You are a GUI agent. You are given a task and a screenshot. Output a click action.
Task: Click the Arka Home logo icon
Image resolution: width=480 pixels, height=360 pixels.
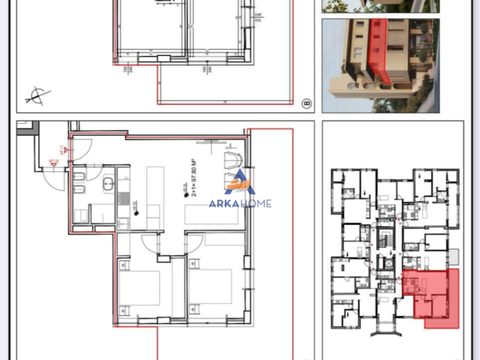click(x=239, y=183)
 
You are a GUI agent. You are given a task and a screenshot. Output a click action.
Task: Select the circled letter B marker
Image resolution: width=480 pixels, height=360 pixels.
click(x=306, y=103)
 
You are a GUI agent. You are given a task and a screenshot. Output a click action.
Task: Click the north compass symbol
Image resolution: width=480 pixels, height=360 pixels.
click(x=35, y=98)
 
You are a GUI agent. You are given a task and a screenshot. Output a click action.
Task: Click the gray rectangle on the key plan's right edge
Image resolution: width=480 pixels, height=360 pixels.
click(x=454, y=258)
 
